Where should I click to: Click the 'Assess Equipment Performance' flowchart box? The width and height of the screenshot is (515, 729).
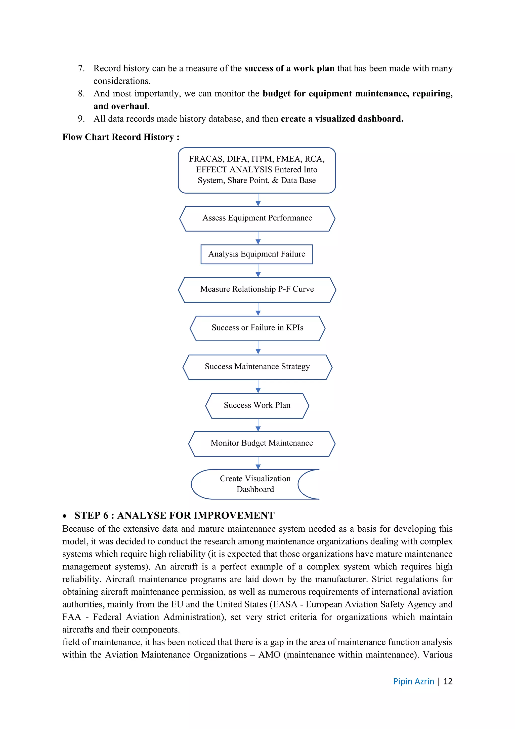click(x=257, y=218)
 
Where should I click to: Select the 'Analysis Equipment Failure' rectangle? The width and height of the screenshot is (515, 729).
click(x=256, y=254)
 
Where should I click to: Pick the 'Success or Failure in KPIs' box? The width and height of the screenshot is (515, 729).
click(x=257, y=328)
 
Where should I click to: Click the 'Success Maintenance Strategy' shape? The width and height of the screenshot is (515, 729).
click(x=257, y=367)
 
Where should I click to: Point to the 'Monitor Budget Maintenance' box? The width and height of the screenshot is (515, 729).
click(x=262, y=443)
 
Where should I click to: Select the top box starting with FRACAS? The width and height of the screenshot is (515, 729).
click(x=256, y=170)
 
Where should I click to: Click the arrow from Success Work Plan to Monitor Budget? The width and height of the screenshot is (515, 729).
click(x=258, y=425)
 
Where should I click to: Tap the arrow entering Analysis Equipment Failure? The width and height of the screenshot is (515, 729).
click(x=258, y=238)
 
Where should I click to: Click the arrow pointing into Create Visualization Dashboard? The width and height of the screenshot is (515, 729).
click(x=258, y=463)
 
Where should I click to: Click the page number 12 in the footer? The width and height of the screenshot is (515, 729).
click(x=447, y=681)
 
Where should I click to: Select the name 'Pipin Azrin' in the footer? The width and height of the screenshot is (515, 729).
click(x=413, y=681)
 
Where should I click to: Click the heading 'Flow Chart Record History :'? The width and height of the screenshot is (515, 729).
click(x=121, y=137)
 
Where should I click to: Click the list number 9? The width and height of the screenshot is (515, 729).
click(x=81, y=119)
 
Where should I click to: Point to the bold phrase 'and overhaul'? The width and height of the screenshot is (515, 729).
click(x=120, y=106)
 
